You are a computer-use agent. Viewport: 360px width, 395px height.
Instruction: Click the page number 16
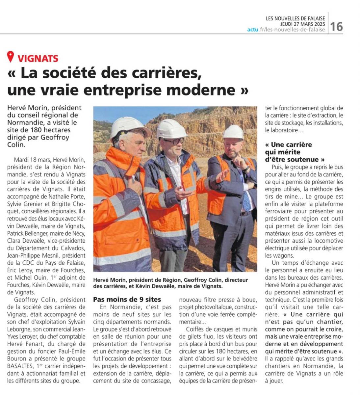[336, 26]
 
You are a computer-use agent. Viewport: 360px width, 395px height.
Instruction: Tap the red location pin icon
[11, 57]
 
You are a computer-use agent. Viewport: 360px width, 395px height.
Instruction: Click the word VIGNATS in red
[38, 59]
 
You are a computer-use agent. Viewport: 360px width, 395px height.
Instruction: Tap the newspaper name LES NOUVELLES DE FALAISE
[295, 18]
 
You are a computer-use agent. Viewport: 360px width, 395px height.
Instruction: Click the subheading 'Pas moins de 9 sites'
[127, 300]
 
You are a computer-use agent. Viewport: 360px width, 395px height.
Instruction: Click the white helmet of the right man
[233, 132]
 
